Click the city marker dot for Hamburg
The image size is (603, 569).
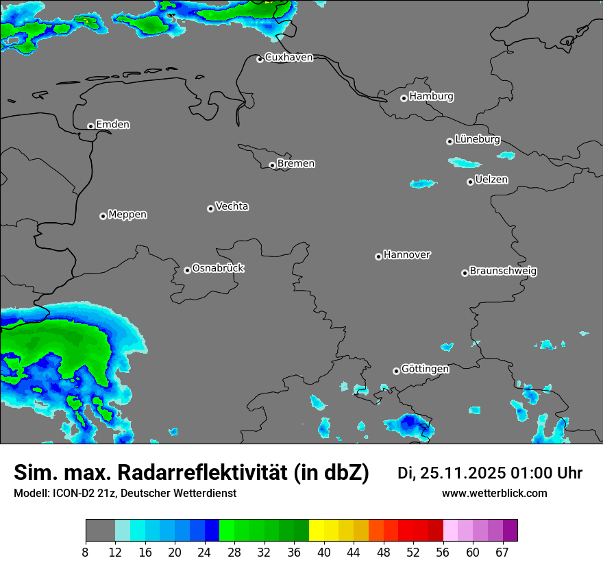pos(404,98)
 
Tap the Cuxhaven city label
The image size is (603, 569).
pos(288,58)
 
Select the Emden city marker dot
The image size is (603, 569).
pos(90,126)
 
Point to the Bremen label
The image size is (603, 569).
pos(296,164)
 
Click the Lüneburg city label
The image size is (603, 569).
pos(478,139)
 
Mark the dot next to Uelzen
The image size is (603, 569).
pos(470,182)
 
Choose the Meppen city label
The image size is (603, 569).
pos(127,215)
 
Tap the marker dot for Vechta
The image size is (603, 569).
pos(210,208)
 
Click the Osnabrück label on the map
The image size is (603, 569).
pos(218,268)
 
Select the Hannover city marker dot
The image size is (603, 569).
pos(378,256)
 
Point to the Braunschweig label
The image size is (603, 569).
pos(503,271)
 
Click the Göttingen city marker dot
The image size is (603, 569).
pos(396,371)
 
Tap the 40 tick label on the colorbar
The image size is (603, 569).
pos(323,553)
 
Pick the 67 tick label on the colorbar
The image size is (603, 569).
pos(502,553)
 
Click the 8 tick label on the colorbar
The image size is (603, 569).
pos(86,553)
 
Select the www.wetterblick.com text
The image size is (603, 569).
pos(494,494)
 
